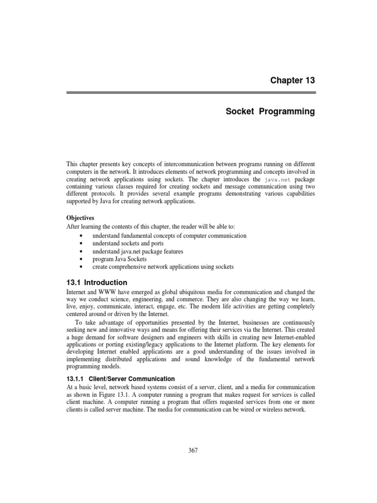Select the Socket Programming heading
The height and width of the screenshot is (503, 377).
point(270,112)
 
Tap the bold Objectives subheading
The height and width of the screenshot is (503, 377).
point(81,217)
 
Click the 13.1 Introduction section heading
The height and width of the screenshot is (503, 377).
point(97,282)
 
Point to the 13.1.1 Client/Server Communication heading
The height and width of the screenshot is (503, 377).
point(120,379)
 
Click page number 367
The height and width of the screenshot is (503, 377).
point(192,451)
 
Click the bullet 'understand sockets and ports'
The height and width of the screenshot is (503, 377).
point(128,244)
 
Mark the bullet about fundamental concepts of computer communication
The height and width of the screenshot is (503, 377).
point(169,236)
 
